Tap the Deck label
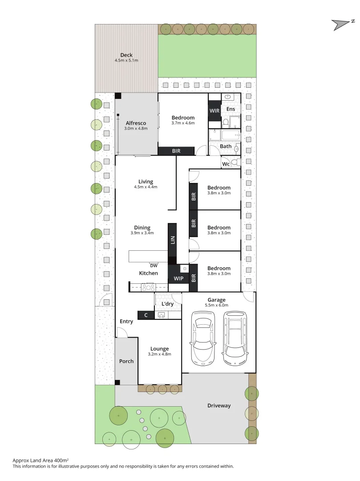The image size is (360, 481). (126, 55)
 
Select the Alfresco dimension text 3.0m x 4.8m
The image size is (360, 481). (136, 129)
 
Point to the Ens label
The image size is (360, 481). (231, 109)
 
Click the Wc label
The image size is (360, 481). (226, 164)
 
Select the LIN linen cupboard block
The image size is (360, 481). (172, 240)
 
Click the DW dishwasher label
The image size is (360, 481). (154, 266)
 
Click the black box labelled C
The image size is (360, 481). (146, 315)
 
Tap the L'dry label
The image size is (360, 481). (167, 304)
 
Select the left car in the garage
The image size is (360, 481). (202, 337)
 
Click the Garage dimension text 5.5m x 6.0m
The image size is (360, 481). (217, 306)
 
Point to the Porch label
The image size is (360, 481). (126, 361)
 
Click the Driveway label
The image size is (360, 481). (219, 406)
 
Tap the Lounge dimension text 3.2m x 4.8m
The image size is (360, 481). (159, 354)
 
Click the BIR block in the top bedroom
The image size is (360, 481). (176, 151)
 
